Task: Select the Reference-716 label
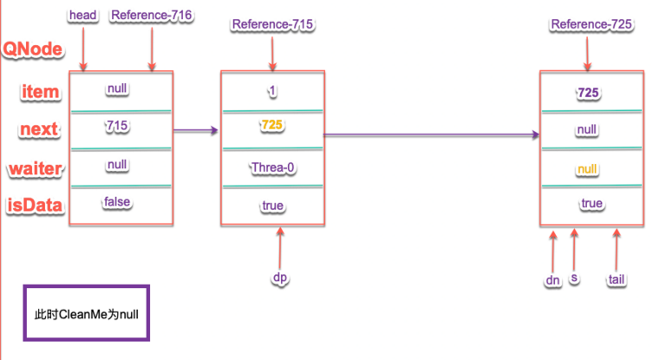tap(151, 15)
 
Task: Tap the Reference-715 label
tap(272, 24)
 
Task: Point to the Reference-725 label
tap(591, 24)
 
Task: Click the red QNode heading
tap(33, 49)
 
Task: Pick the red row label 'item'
tap(42, 90)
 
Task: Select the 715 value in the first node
tap(119, 126)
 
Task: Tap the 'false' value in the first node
tap(117, 201)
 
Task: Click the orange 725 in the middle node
tap(272, 126)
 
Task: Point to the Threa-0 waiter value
tap(273, 167)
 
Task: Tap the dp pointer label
tap(279, 278)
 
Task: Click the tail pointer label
tap(617, 279)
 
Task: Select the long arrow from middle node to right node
tap(429, 134)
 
